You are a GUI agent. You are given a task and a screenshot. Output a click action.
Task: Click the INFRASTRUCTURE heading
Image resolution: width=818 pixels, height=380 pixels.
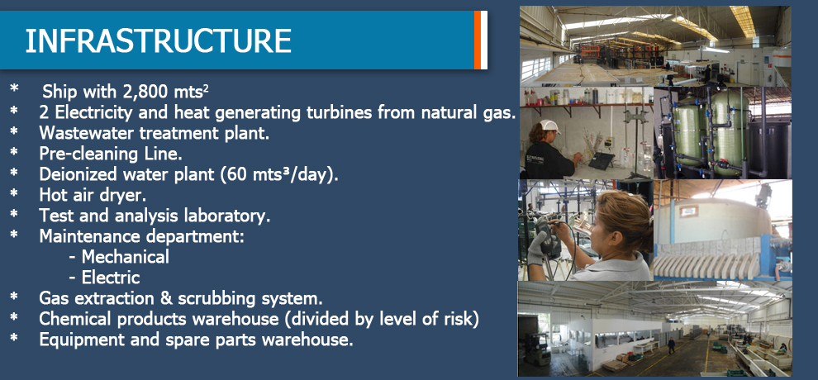(x=158, y=40)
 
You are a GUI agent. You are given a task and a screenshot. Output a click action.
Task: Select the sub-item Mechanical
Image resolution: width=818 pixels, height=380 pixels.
(x=126, y=256)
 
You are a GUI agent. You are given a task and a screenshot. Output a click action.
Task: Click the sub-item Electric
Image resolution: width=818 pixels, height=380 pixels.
(x=111, y=278)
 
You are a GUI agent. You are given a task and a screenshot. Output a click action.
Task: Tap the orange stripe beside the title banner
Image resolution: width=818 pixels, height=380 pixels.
(x=478, y=40)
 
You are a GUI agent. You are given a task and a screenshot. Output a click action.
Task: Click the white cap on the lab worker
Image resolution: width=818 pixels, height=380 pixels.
(x=551, y=126)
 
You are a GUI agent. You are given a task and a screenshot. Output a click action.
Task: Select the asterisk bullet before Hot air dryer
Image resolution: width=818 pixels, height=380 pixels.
(x=13, y=192)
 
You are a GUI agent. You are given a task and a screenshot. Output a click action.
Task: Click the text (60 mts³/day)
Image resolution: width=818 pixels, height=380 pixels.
(x=279, y=174)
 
